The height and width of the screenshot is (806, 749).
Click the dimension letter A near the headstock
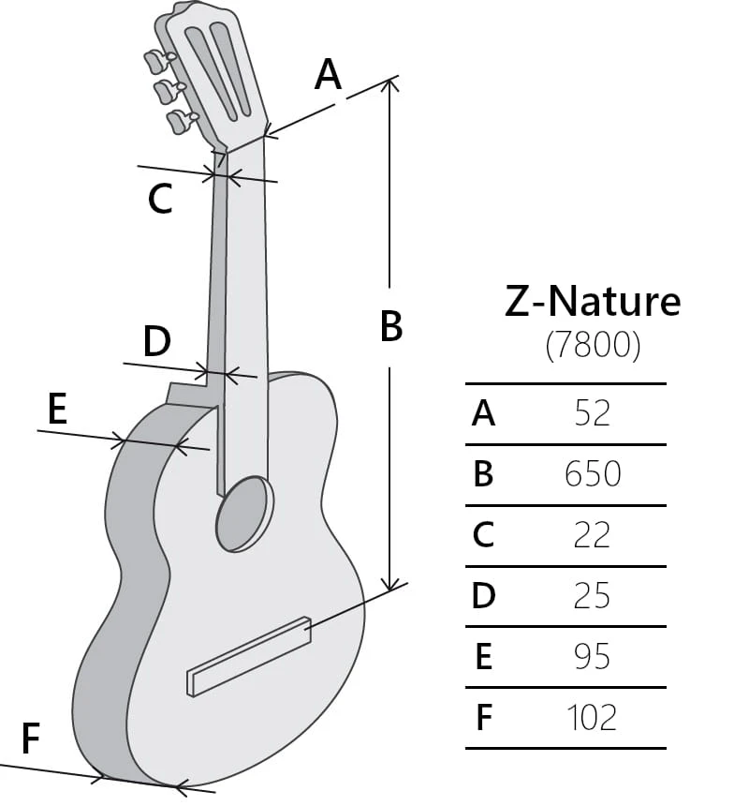(328, 74)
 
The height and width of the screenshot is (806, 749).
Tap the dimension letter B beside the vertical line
(391, 326)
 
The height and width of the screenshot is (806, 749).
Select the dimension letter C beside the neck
(160, 199)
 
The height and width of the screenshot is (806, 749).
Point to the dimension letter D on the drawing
(156, 341)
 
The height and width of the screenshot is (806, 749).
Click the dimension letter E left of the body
(57, 410)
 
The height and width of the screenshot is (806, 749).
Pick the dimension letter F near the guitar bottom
(30, 739)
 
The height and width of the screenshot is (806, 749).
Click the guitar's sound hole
(243, 514)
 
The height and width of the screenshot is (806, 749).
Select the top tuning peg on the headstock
(155, 61)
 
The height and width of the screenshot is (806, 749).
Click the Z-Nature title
(593, 302)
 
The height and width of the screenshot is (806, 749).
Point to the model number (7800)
(593, 347)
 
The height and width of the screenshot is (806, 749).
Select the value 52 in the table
(593, 413)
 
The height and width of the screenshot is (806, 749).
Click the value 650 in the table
(593, 474)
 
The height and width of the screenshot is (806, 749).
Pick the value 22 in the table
(593, 535)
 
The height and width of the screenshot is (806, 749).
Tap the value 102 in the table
(593, 718)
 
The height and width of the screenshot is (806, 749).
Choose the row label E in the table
(483, 657)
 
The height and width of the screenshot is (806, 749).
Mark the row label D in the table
(483, 596)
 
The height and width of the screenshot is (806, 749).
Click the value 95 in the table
(593, 657)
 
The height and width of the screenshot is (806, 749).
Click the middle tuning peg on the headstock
(166, 91)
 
